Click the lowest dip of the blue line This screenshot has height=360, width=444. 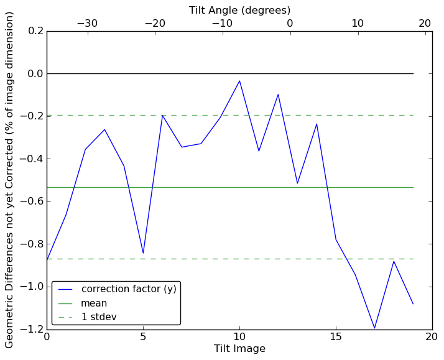(x=374, y=328)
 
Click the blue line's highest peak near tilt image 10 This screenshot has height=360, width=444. (x=239, y=81)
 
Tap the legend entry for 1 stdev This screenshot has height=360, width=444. (x=99, y=317)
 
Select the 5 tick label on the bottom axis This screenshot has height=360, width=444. (x=143, y=337)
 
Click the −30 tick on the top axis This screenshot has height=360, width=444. (x=87, y=24)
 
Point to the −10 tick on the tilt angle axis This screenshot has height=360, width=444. (x=222, y=24)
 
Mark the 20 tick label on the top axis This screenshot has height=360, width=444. (x=425, y=24)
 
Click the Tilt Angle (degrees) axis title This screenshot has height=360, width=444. (x=239, y=10)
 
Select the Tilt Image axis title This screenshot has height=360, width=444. (x=239, y=349)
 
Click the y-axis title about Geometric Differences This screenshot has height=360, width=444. (x=10, y=180)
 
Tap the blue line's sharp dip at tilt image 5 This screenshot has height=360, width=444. (x=143, y=253)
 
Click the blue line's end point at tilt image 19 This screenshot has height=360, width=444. (x=413, y=303)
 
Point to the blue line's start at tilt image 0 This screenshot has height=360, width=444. (x=47, y=259)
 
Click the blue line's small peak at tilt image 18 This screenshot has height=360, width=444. (x=394, y=261)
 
